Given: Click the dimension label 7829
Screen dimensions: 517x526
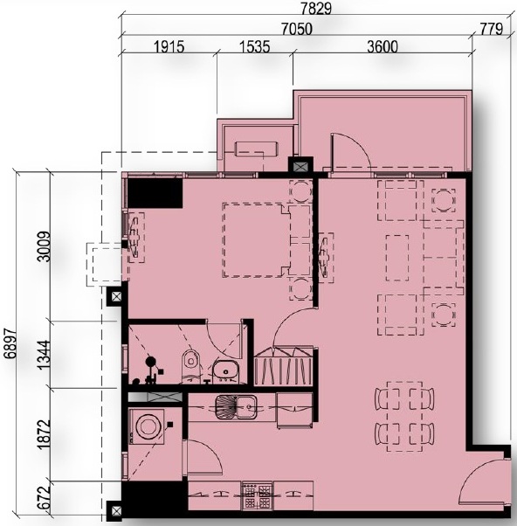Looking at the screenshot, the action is tap(316, 9).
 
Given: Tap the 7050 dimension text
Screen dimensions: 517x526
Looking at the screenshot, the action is tap(296, 29).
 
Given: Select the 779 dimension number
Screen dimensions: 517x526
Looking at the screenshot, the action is tap(491, 29).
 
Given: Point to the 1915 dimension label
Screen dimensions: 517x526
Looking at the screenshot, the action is tap(169, 46).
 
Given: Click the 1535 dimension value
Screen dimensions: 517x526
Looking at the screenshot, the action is tap(254, 46).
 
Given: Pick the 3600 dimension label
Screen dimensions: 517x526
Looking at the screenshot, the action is tap(383, 46).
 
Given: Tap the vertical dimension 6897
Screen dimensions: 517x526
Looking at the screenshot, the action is tap(11, 343).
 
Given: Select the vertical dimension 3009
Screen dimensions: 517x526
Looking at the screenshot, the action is tap(45, 246).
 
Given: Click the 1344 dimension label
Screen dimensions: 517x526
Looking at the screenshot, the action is tap(45, 356).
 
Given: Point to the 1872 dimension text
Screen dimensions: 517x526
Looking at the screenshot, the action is tap(45, 434).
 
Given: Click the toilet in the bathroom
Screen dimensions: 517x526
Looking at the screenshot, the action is tap(190, 367).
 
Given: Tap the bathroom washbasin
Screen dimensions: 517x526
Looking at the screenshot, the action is tap(225, 372).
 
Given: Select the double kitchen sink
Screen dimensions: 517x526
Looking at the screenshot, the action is tap(236, 407).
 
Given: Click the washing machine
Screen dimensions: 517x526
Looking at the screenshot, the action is tap(147, 426).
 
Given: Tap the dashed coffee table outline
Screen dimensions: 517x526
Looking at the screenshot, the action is tap(397, 258).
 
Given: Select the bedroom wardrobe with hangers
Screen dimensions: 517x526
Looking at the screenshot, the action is tap(284, 366).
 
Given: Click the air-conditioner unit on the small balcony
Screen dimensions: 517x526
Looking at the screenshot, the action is tap(257, 149).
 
